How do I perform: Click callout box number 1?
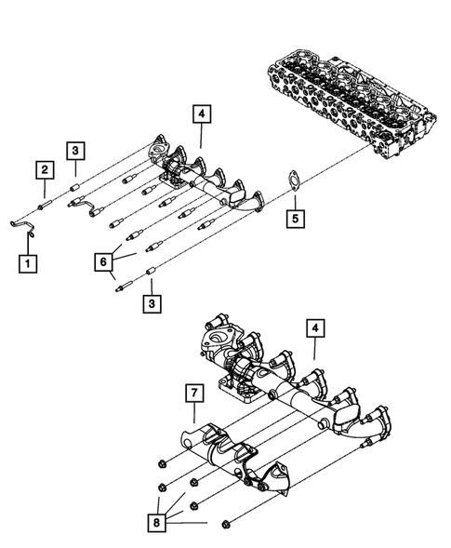[x=29, y=263]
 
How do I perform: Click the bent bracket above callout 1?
[x=25, y=223]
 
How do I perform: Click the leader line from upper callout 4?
[x=202, y=140]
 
